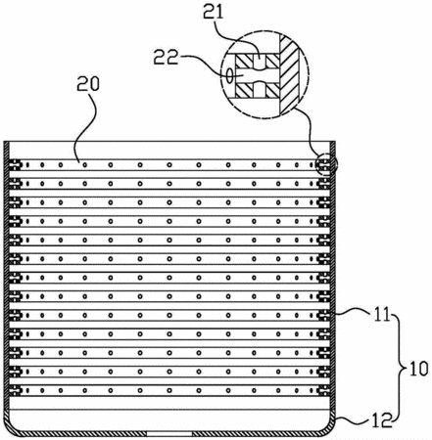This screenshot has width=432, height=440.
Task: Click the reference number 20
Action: [88, 84]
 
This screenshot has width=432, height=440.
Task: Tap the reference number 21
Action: [213, 12]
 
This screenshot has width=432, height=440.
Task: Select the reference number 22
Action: [167, 57]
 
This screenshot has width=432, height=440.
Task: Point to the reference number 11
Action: [381, 315]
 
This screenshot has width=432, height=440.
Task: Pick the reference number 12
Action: [382, 420]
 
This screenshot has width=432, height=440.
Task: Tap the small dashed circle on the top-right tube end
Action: [327, 164]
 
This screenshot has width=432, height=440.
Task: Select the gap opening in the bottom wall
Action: [168, 434]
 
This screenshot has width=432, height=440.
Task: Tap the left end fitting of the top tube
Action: [15, 165]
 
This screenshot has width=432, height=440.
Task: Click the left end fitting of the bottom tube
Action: [15, 390]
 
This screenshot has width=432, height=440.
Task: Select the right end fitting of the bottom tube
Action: [324, 390]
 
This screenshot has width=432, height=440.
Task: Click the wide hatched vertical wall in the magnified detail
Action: [289, 74]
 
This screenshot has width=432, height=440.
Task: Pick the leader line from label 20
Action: [87, 126]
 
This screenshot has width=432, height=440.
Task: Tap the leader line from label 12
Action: [354, 419]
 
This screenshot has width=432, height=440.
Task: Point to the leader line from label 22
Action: [205, 64]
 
